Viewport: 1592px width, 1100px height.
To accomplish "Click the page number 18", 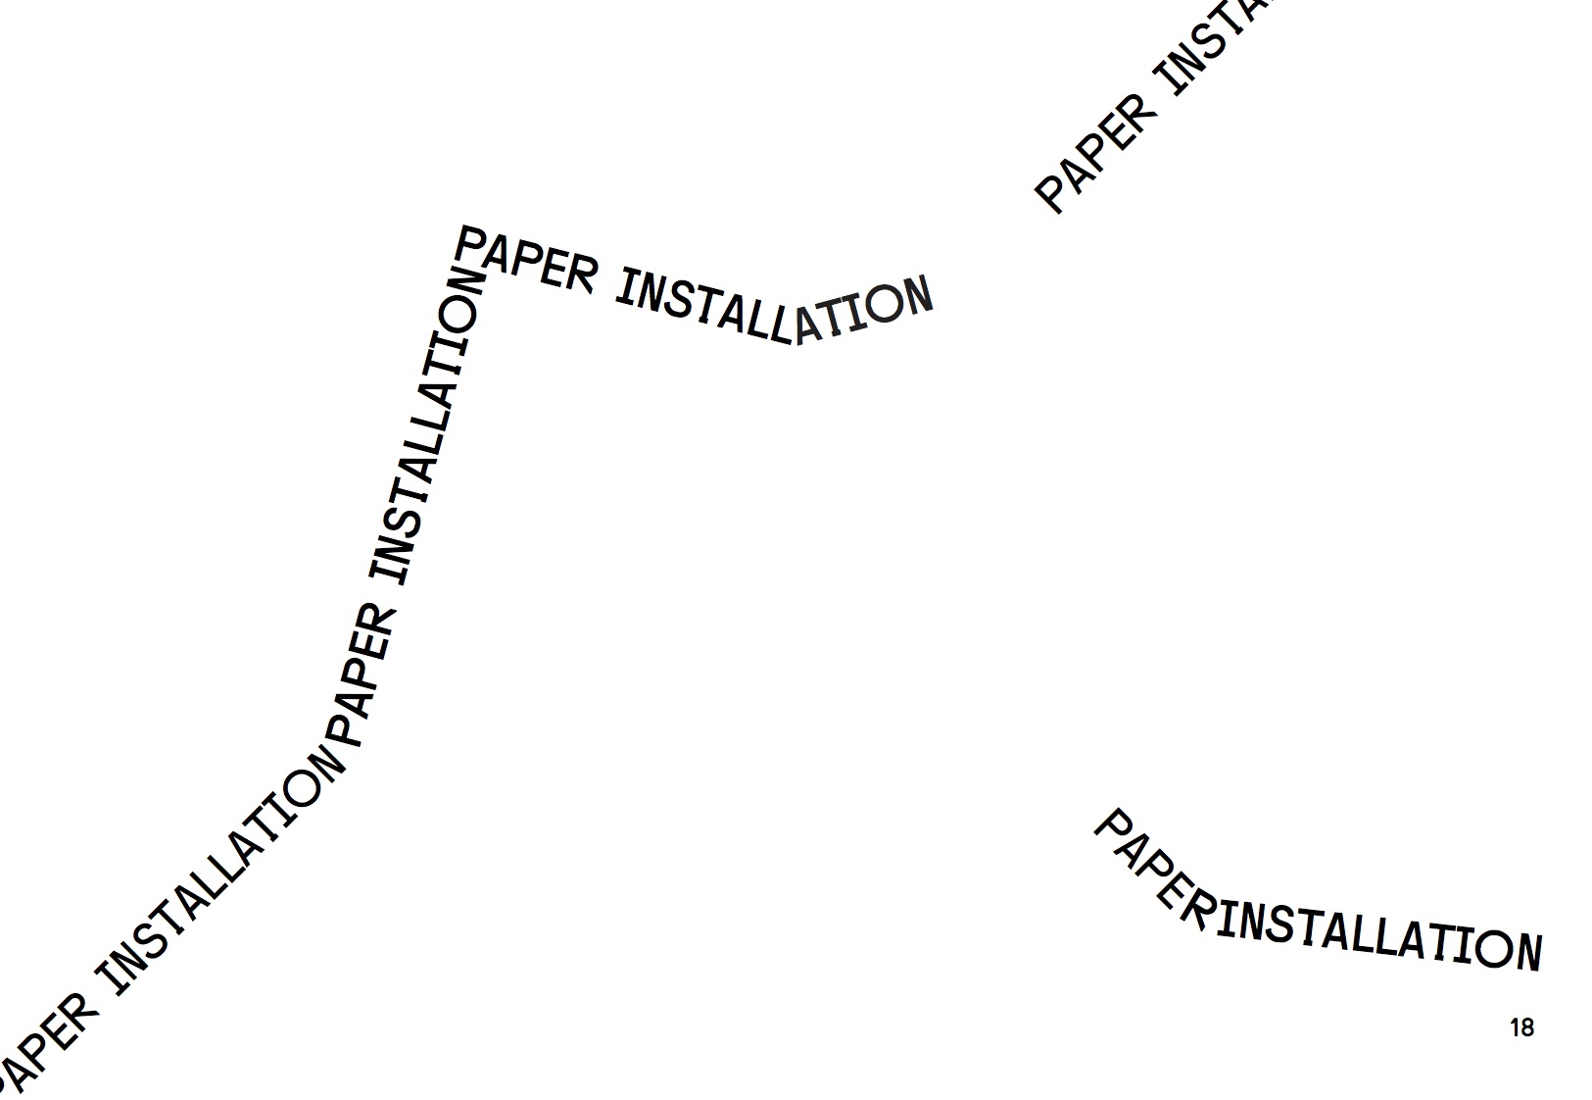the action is (1521, 1027).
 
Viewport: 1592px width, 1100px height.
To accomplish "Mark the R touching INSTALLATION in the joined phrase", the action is (1197, 911).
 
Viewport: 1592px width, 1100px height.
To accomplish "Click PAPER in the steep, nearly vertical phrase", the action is (362, 677).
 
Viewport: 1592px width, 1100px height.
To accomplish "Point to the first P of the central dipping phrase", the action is (472, 241).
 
